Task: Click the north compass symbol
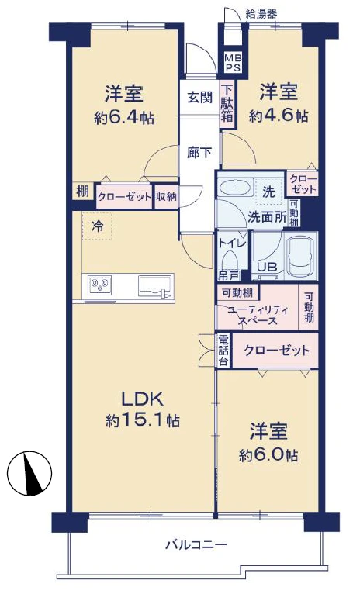29,473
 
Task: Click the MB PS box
232,62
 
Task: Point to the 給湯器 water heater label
261,15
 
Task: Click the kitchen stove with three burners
99,285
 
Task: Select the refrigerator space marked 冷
97,226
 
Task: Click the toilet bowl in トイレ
230,261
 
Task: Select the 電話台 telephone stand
223,351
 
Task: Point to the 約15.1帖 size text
142,420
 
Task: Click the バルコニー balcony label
196,544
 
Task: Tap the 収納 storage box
166,197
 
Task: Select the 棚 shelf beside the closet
82,192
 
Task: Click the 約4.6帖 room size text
279,116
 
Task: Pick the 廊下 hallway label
199,153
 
